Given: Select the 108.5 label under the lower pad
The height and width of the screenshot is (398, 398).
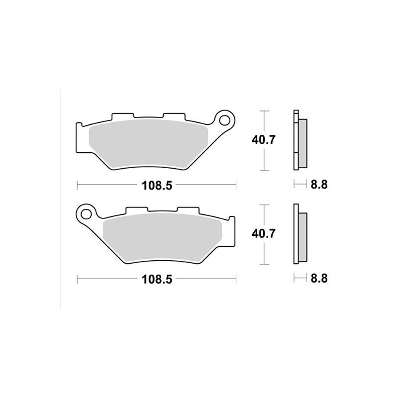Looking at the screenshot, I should coord(156,280).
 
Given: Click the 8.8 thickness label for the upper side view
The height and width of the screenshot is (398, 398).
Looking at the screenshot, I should coord(318,186).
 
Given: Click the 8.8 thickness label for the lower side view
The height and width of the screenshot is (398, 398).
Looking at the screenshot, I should coord(318,280).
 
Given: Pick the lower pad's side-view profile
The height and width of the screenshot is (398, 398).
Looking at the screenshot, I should coord(299,235).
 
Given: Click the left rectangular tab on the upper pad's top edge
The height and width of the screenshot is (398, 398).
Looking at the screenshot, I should coord(121,116).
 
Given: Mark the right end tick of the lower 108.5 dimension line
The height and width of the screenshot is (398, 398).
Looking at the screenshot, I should coord(235,280).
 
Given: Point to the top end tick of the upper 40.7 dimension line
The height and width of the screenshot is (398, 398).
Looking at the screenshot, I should coord(264,111).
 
